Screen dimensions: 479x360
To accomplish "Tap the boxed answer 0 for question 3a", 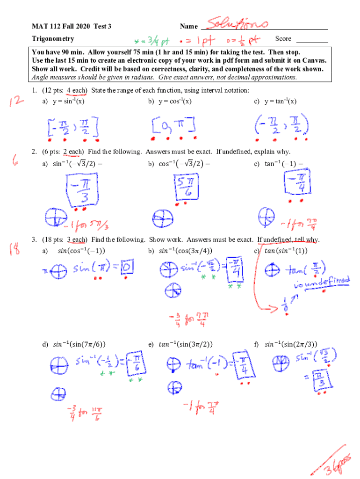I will pos(129,268).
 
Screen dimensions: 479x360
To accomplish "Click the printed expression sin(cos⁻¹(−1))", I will pos(81,251).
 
